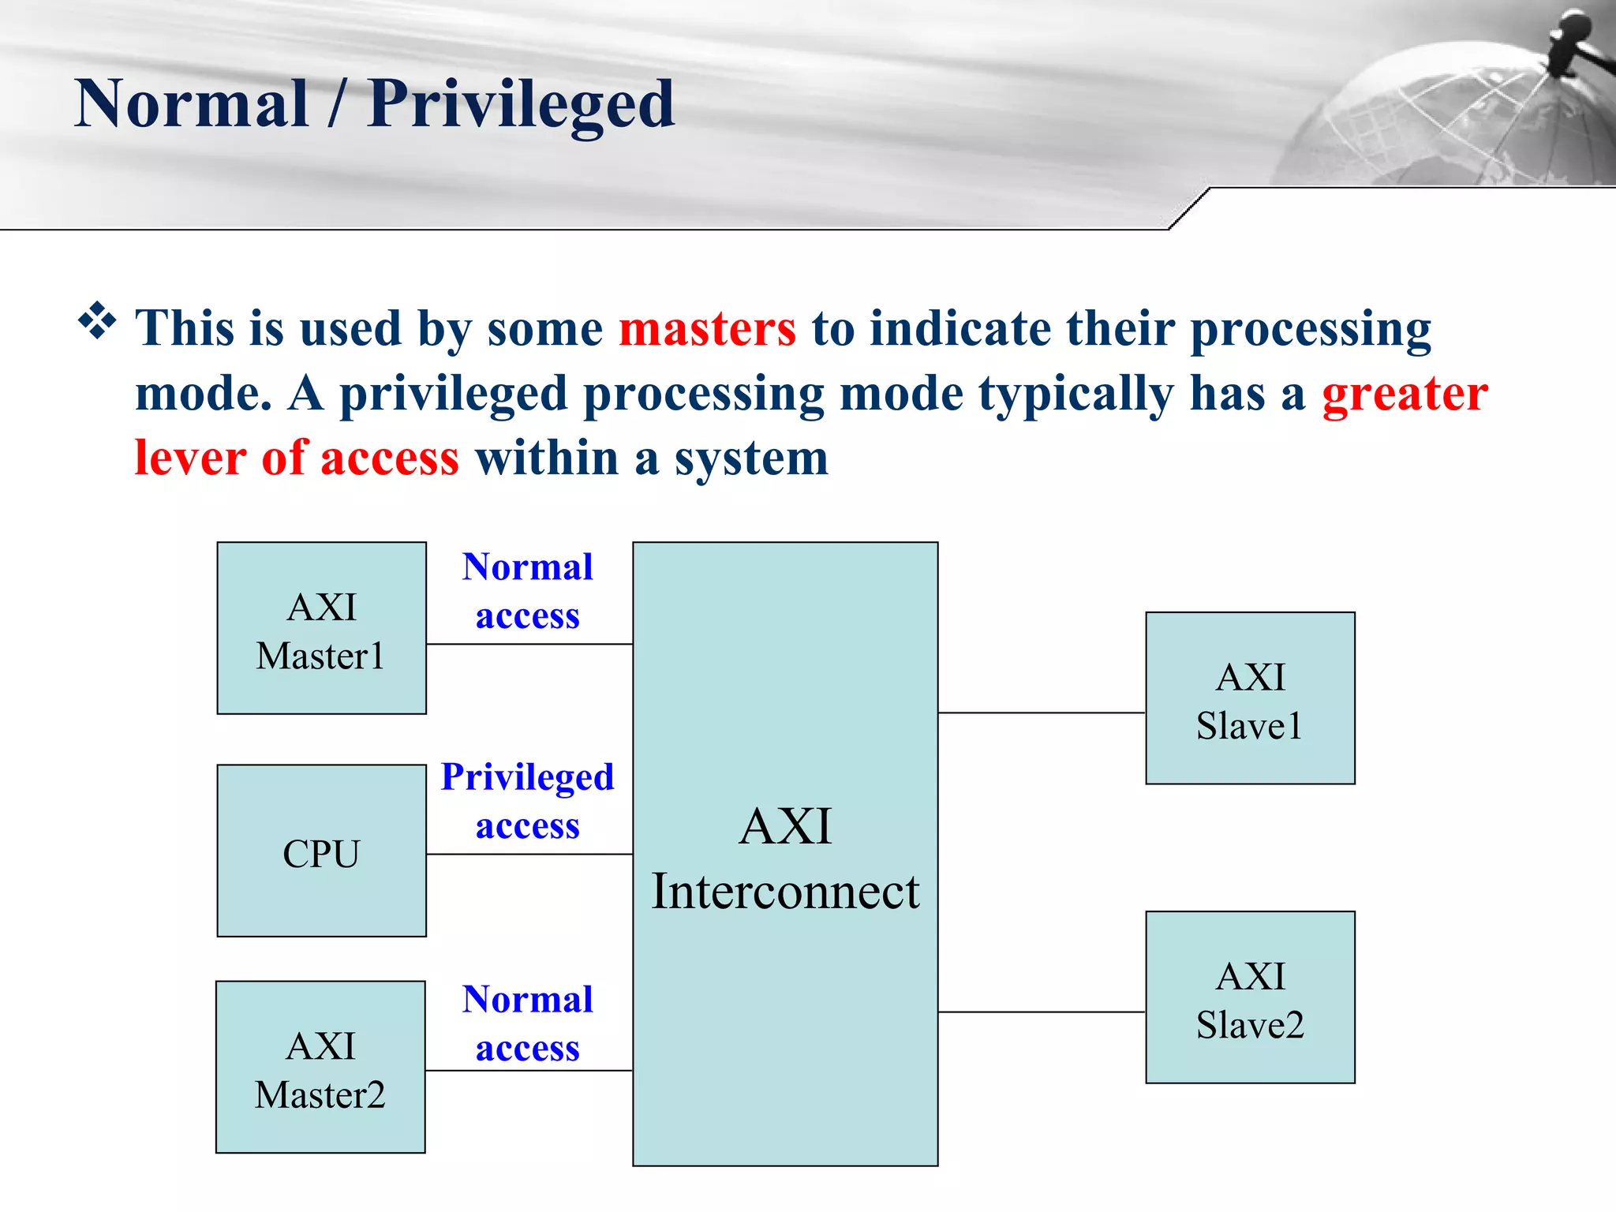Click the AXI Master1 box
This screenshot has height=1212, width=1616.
(321, 628)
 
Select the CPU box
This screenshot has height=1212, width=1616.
(321, 851)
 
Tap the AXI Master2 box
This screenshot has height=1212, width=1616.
(320, 1067)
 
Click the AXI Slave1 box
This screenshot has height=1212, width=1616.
(1250, 698)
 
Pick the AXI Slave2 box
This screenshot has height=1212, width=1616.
(1250, 997)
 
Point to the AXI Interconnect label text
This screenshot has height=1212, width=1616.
(785, 858)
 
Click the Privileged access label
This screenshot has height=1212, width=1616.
(527, 800)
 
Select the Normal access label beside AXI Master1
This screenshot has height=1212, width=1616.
(527, 590)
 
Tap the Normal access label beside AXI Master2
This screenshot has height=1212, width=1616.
(527, 1023)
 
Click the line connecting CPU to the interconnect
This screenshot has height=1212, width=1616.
(529, 854)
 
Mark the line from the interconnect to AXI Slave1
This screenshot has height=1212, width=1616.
(1042, 713)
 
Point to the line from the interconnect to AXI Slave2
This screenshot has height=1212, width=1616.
(1042, 1012)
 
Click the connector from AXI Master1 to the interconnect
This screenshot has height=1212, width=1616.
(529, 644)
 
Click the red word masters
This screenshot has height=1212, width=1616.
(707, 328)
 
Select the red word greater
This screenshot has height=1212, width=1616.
(1405, 394)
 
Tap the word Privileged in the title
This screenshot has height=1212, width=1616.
(521, 104)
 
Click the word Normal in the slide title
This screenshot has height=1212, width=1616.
(191, 104)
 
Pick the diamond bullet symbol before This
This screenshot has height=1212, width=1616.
(97, 321)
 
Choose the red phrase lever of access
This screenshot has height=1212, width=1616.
(297, 458)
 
